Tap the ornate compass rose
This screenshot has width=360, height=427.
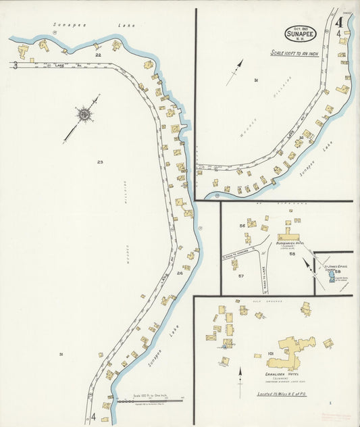[84, 115]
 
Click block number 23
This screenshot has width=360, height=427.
[100, 161]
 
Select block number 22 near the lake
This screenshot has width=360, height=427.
[98, 55]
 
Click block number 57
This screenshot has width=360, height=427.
[240, 276]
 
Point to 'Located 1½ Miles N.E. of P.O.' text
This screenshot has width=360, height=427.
[283, 394]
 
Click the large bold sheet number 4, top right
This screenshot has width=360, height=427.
[340, 22]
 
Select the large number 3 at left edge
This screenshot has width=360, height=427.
[14, 66]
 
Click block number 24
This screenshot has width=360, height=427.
[180, 273]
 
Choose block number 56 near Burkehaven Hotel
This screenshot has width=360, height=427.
[242, 225]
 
